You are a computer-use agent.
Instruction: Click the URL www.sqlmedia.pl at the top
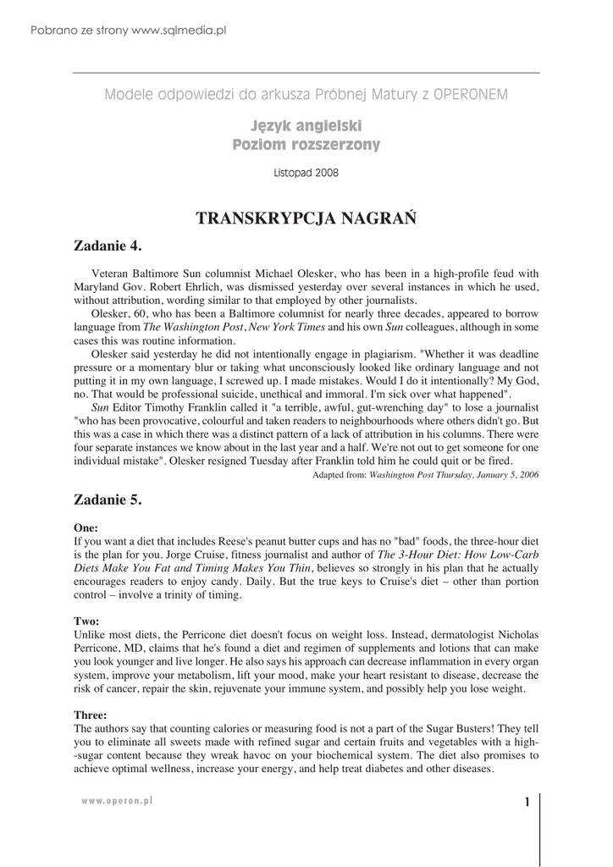point(179,30)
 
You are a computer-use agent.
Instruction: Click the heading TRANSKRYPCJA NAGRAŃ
point(306,218)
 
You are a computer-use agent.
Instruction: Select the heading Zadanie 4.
point(108,246)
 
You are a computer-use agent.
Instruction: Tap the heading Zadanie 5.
point(108,500)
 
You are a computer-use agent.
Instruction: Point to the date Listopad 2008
point(306,173)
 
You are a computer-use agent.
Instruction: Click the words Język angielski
point(306,127)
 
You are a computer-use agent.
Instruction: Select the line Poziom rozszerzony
point(306,146)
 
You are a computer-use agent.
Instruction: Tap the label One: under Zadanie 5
point(86,527)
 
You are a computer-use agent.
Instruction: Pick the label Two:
point(87,621)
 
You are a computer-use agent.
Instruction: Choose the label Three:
point(91,715)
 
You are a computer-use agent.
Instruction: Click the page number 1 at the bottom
point(527,803)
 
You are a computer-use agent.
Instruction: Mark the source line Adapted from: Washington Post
point(426,475)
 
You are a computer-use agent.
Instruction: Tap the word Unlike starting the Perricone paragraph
point(91,634)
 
